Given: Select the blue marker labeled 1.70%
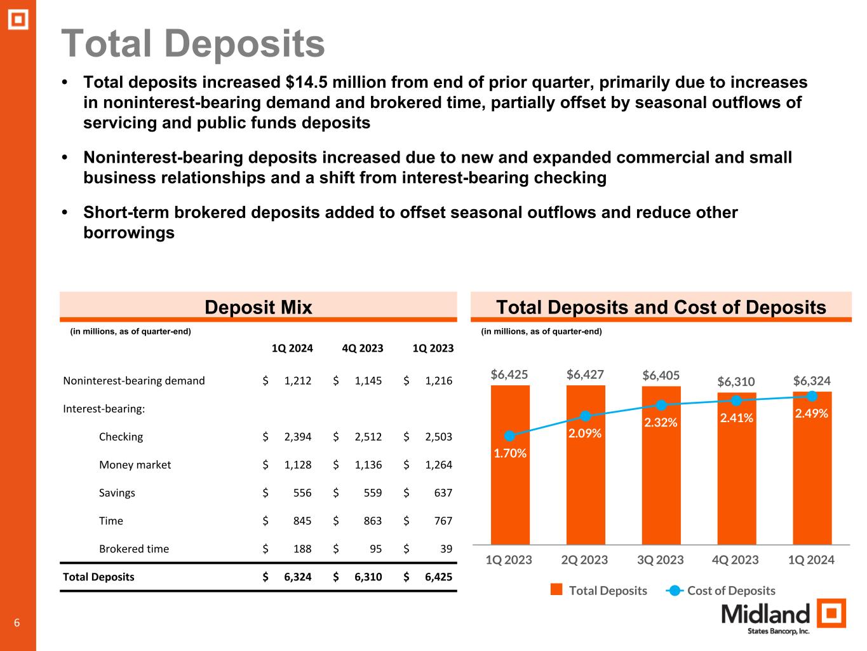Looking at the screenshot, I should (x=509, y=436).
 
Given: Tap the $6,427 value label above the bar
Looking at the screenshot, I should (x=585, y=374).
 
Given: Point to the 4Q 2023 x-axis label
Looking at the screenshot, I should (x=736, y=560).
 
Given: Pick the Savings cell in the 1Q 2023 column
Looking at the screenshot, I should (x=438, y=493).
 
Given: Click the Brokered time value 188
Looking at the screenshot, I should (x=302, y=549).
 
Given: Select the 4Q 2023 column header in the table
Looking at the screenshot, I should (x=362, y=348).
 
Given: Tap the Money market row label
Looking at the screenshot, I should (x=135, y=465).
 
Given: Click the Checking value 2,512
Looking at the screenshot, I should (x=368, y=437).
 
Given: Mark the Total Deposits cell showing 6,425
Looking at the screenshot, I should (x=438, y=577).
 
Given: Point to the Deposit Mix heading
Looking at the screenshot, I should (x=258, y=308).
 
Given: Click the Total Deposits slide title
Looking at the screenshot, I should (x=193, y=44).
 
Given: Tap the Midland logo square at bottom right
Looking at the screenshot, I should (x=831, y=614).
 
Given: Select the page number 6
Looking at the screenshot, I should (x=17, y=623).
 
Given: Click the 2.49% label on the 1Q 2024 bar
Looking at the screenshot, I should (x=811, y=413).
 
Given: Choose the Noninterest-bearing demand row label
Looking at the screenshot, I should (x=134, y=381).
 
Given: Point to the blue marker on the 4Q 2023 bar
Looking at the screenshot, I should (x=736, y=401).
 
